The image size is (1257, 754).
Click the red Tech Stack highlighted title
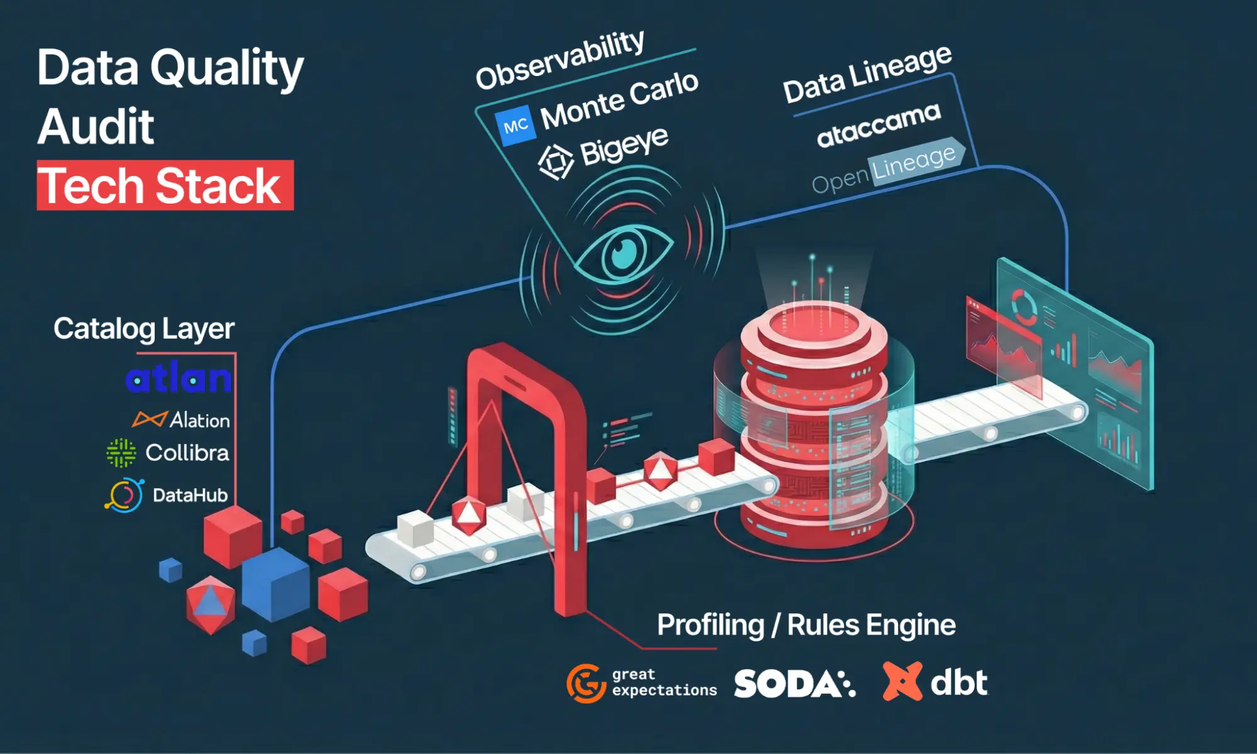(x=165, y=185)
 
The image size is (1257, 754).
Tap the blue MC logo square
(x=516, y=126)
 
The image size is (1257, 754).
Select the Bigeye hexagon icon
(x=556, y=161)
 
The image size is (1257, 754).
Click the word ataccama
(x=878, y=124)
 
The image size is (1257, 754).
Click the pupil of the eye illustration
(x=624, y=253)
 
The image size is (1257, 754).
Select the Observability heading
(x=560, y=60)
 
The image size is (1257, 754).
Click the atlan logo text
(x=179, y=379)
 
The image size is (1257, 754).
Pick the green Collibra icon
(x=121, y=453)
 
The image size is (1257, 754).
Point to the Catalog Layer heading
(x=143, y=329)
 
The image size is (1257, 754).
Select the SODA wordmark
(x=794, y=684)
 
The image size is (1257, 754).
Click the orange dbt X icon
(x=902, y=681)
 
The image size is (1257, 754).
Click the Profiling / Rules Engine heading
(x=806, y=625)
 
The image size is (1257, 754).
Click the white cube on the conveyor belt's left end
(x=416, y=528)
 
